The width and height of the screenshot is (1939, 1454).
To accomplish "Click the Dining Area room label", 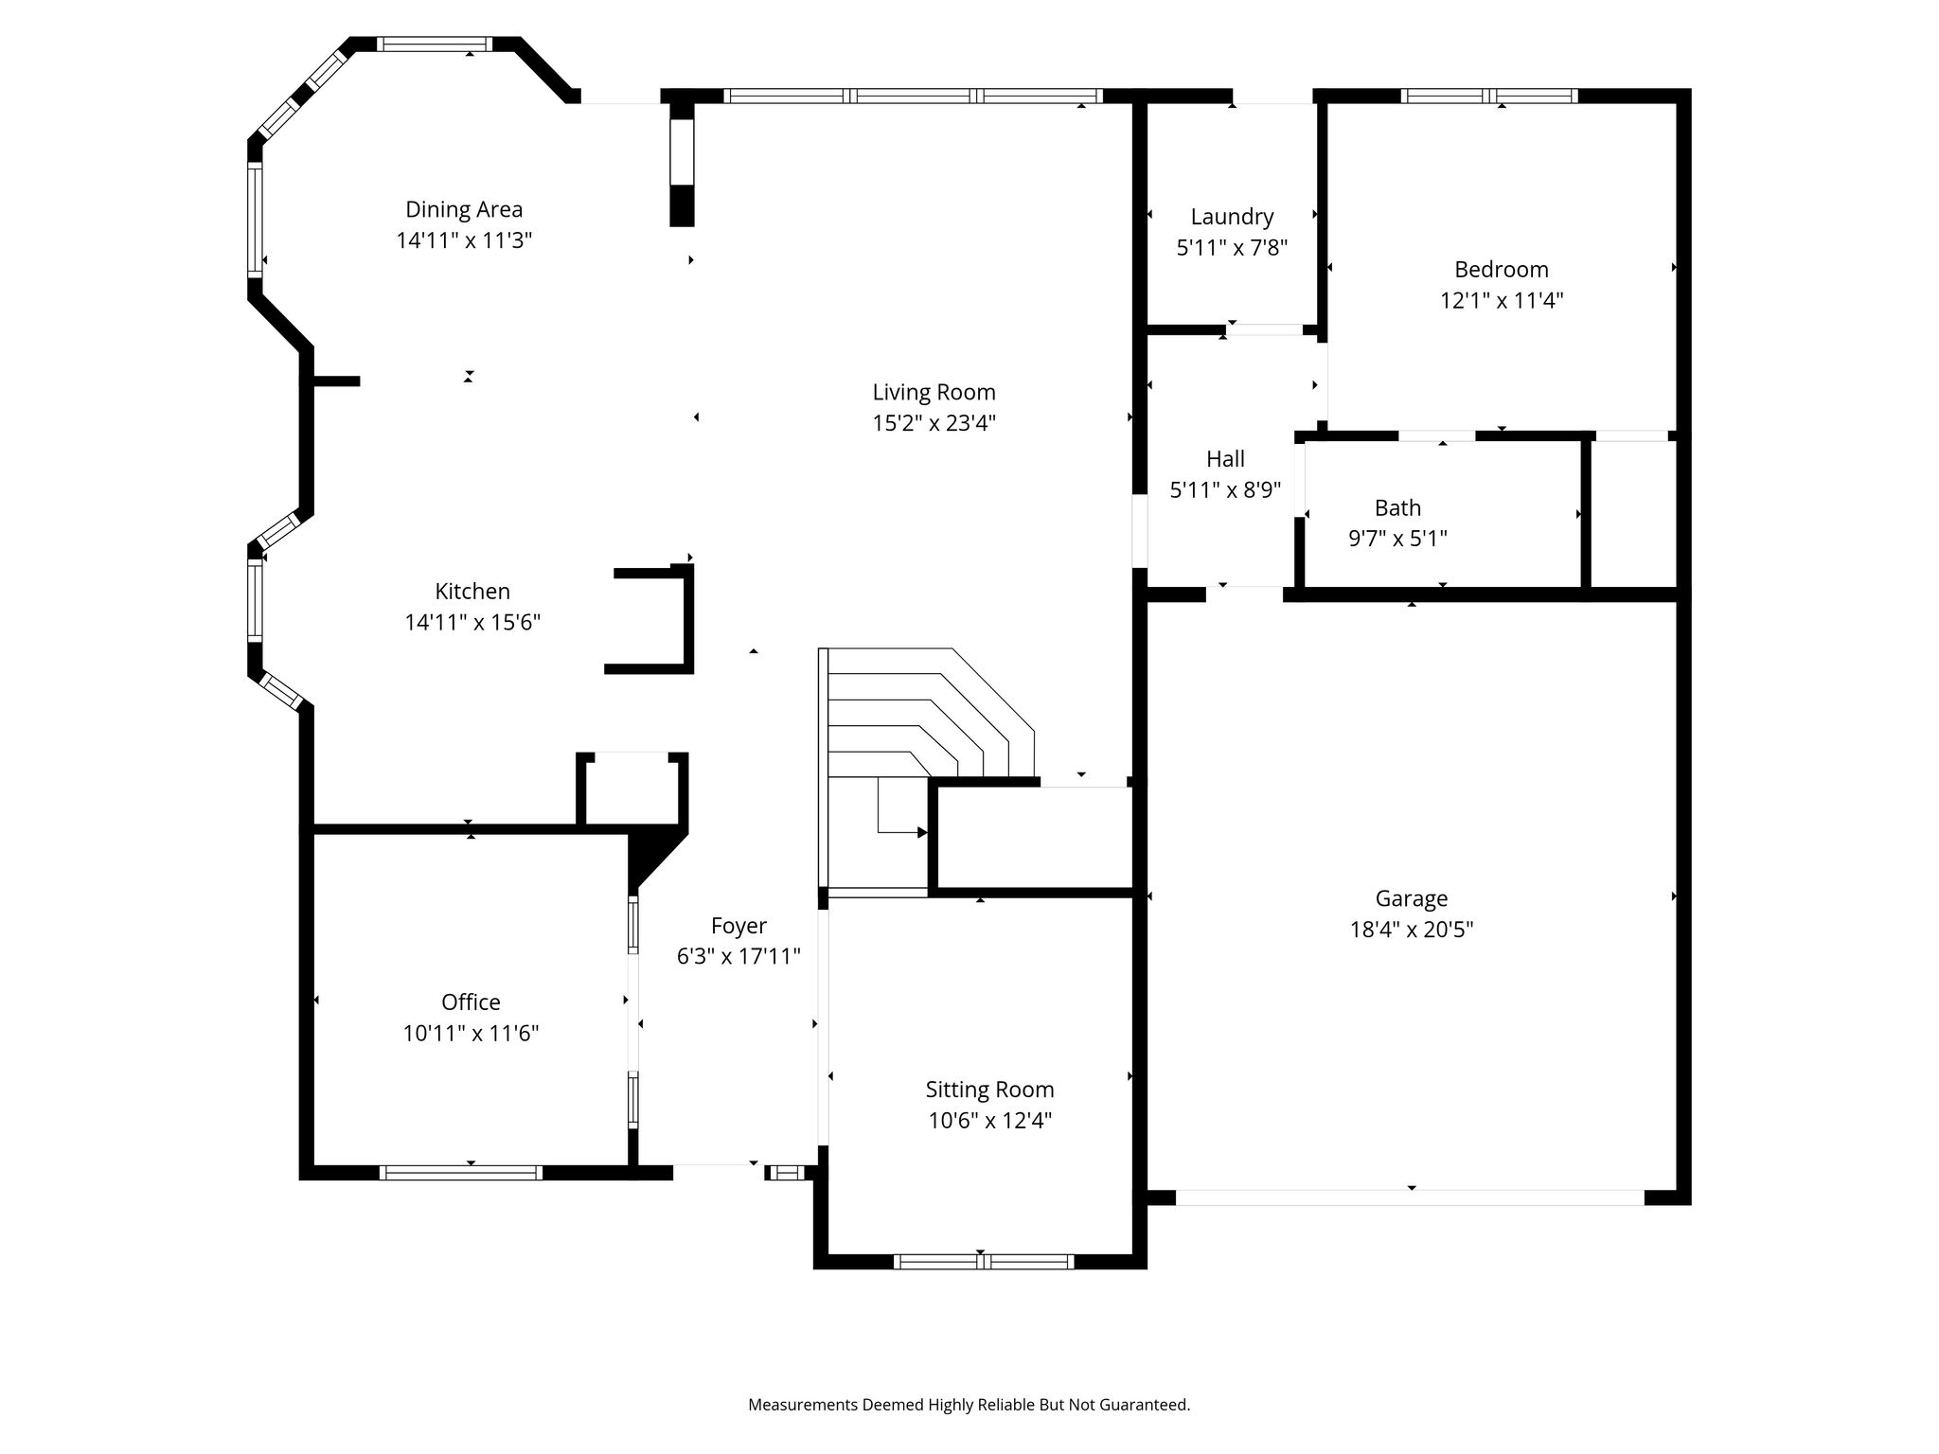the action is (464, 209).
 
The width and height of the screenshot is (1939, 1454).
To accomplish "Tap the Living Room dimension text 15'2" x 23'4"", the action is (934, 422).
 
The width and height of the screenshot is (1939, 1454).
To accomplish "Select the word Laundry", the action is (1232, 217).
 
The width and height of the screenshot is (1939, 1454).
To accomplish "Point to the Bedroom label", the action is (1502, 270).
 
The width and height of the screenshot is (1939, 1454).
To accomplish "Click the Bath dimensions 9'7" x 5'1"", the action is (1398, 539).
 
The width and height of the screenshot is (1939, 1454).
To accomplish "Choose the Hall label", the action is (1225, 459).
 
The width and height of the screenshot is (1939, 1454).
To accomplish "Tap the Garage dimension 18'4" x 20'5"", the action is (1412, 930).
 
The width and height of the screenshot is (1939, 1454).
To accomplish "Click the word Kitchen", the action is (472, 592).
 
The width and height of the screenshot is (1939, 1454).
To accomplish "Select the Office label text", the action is (471, 1002).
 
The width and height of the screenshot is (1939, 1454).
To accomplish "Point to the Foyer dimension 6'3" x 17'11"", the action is (738, 957).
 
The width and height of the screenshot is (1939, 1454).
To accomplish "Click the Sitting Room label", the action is (989, 1090).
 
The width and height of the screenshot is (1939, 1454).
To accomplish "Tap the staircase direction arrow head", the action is (922, 833).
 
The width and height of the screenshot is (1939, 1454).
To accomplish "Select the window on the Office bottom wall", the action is (461, 1173).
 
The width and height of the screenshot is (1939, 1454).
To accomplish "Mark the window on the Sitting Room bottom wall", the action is (984, 1261).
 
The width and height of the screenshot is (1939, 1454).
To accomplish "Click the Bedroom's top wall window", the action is (1489, 96).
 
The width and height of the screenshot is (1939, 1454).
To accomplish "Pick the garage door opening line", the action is (1410, 1197).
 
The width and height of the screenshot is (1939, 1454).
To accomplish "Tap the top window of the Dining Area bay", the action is (435, 44).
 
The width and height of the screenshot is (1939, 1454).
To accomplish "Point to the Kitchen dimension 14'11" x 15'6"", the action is (472, 623).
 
